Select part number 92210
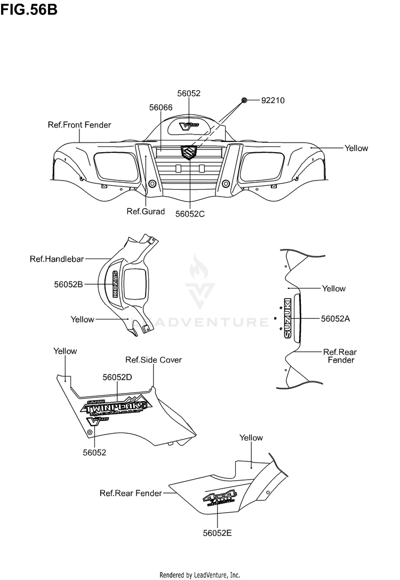[273, 100]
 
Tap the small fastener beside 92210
[244, 100]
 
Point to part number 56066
[161, 107]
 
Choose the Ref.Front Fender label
[79, 125]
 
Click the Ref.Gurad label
[146, 211]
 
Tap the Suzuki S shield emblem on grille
[189, 152]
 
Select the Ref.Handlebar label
[57, 259]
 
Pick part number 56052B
[68, 285]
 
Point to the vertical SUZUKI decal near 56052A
[288, 318]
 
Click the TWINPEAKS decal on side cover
[115, 406]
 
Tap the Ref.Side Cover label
[153, 360]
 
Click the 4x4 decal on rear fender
[219, 499]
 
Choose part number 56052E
[217, 532]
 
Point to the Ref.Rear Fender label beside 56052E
[131, 493]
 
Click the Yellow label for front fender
[356, 148]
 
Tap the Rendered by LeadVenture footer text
[200, 575]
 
